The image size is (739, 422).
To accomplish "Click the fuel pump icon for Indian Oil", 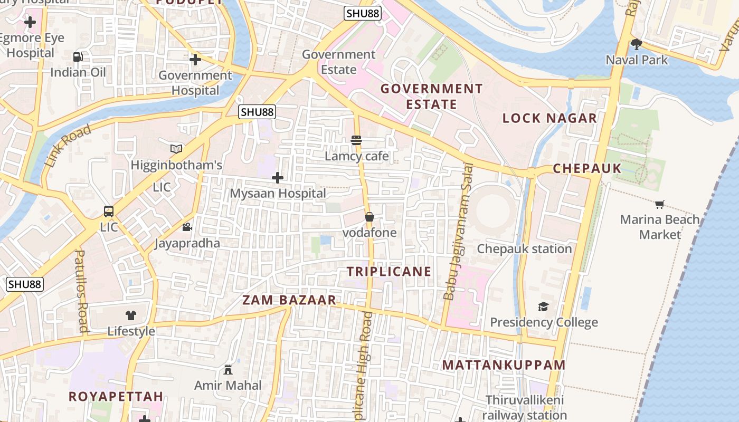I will tap(78, 56).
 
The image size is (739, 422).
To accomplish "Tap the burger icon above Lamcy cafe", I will tap(356, 140).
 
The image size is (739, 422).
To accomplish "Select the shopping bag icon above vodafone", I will tap(369, 217).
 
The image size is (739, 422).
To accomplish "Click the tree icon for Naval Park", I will tap(637, 44).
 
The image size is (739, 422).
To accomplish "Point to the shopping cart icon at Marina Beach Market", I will tap(660, 204).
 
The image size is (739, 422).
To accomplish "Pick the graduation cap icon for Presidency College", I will tap(544, 306).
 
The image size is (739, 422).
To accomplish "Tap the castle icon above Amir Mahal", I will tap(228, 370).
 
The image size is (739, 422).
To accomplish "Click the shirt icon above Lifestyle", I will tap(131, 315).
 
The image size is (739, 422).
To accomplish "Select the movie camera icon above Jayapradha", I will tap(187, 227).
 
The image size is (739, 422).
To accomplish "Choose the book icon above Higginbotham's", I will tap(176, 149).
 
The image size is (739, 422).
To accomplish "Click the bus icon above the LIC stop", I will tap(109, 212).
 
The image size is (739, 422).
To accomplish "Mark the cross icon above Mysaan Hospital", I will tap(278, 178).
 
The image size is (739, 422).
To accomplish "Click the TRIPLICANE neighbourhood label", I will tap(389, 272).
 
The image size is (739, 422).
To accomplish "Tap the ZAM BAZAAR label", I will tap(289, 300).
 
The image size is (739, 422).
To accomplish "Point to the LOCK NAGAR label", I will tap(549, 118).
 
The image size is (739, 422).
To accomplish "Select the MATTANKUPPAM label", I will tap(504, 365).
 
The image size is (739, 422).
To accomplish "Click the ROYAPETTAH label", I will tap(116, 396).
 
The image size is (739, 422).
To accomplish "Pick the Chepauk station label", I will tap(524, 248).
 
